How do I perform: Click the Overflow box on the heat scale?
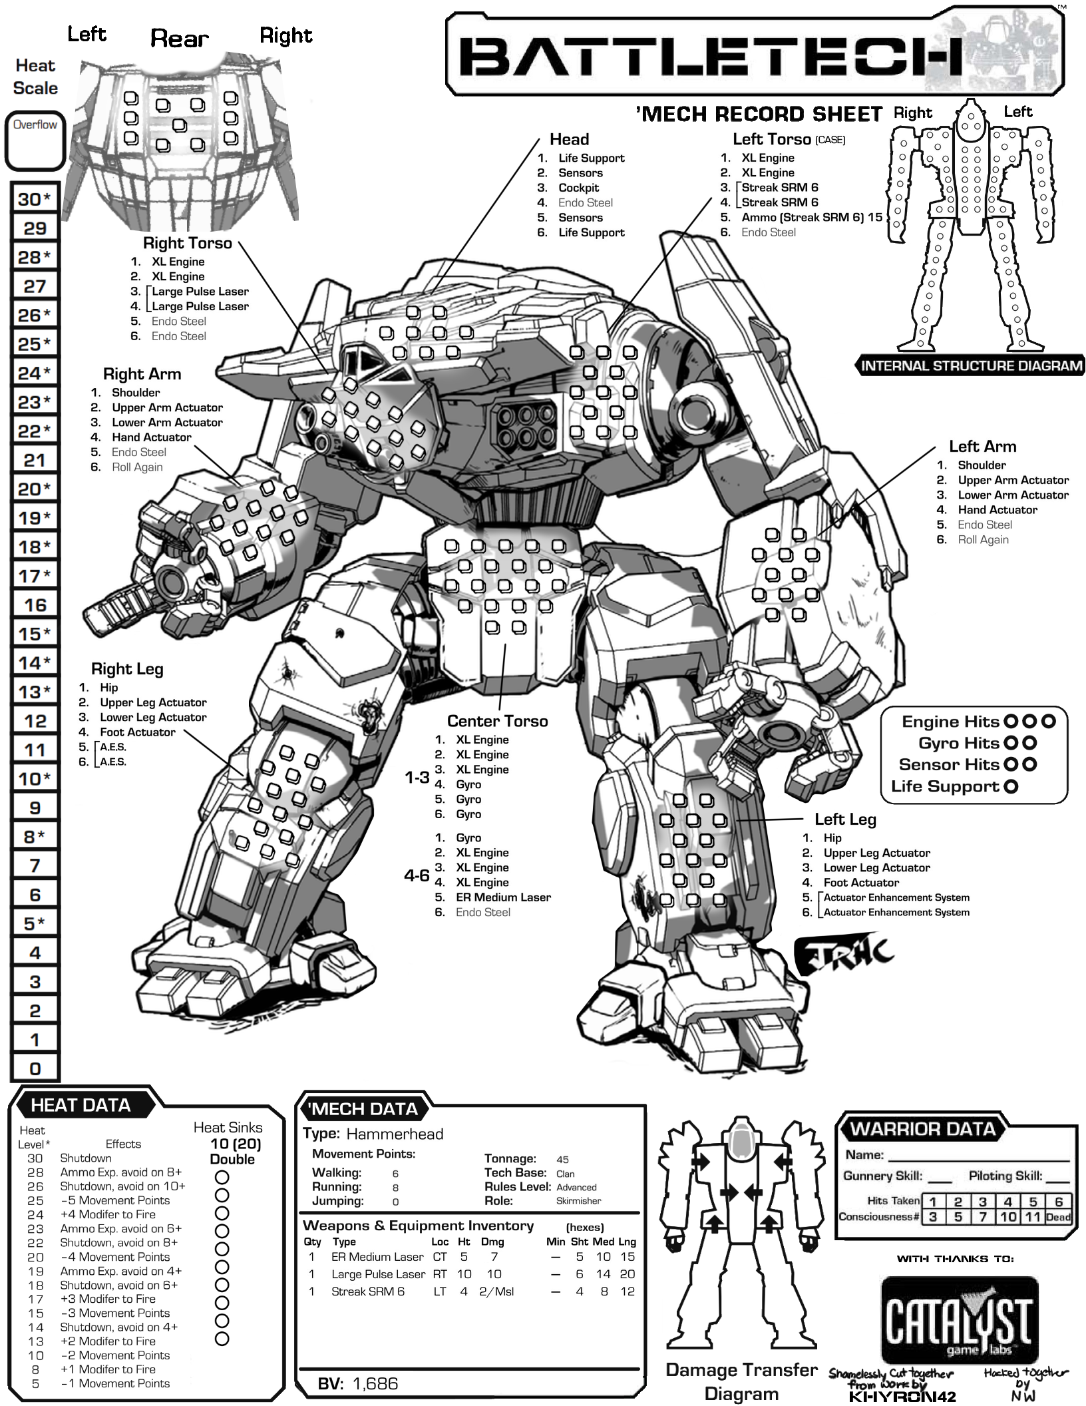pyautogui.click(x=35, y=142)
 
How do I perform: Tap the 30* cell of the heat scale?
pyautogui.click(x=35, y=199)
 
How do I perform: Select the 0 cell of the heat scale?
pyautogui.click(x=35, y=1068)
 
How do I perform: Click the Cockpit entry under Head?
pyautogui.click(x=578, y=188)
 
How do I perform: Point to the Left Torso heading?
pyautogui.click(x=772, y=139)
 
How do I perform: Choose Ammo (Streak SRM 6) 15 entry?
pyautogui.click(x=811, y=217)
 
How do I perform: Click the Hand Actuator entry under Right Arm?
pyautogui.click(x=151, y=437)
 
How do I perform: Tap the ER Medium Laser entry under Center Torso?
pyautogui.click(x=503, y=897)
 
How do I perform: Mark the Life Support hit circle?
pyautogui.click(x=1011, y=786)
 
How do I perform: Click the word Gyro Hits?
pyautogui.click(x=958, y=743)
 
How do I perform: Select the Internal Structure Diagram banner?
pyautogui.click(x=971, y=365)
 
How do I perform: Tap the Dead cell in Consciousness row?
pyautogui.click(x=1058, y=1217)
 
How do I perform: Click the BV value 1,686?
pyautogui.click(x=375, y=1384)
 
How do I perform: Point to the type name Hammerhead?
pyautogui.click(x=395, y=1134)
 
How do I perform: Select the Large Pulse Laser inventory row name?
pyautogui.click(x=378, y=1274)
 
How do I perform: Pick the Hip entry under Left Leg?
pyautogui.click(x=832, y=837)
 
